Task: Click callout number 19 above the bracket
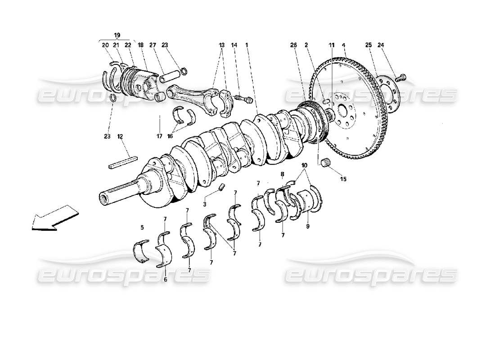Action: point(117,35)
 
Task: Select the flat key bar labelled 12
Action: point(122,161)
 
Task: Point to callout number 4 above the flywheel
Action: point(343,45)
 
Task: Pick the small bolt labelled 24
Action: point(402,77)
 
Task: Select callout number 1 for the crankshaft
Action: point(247,45)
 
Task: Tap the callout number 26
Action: point(293,45)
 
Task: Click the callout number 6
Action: point(165,279)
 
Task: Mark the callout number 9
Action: point(308,227)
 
